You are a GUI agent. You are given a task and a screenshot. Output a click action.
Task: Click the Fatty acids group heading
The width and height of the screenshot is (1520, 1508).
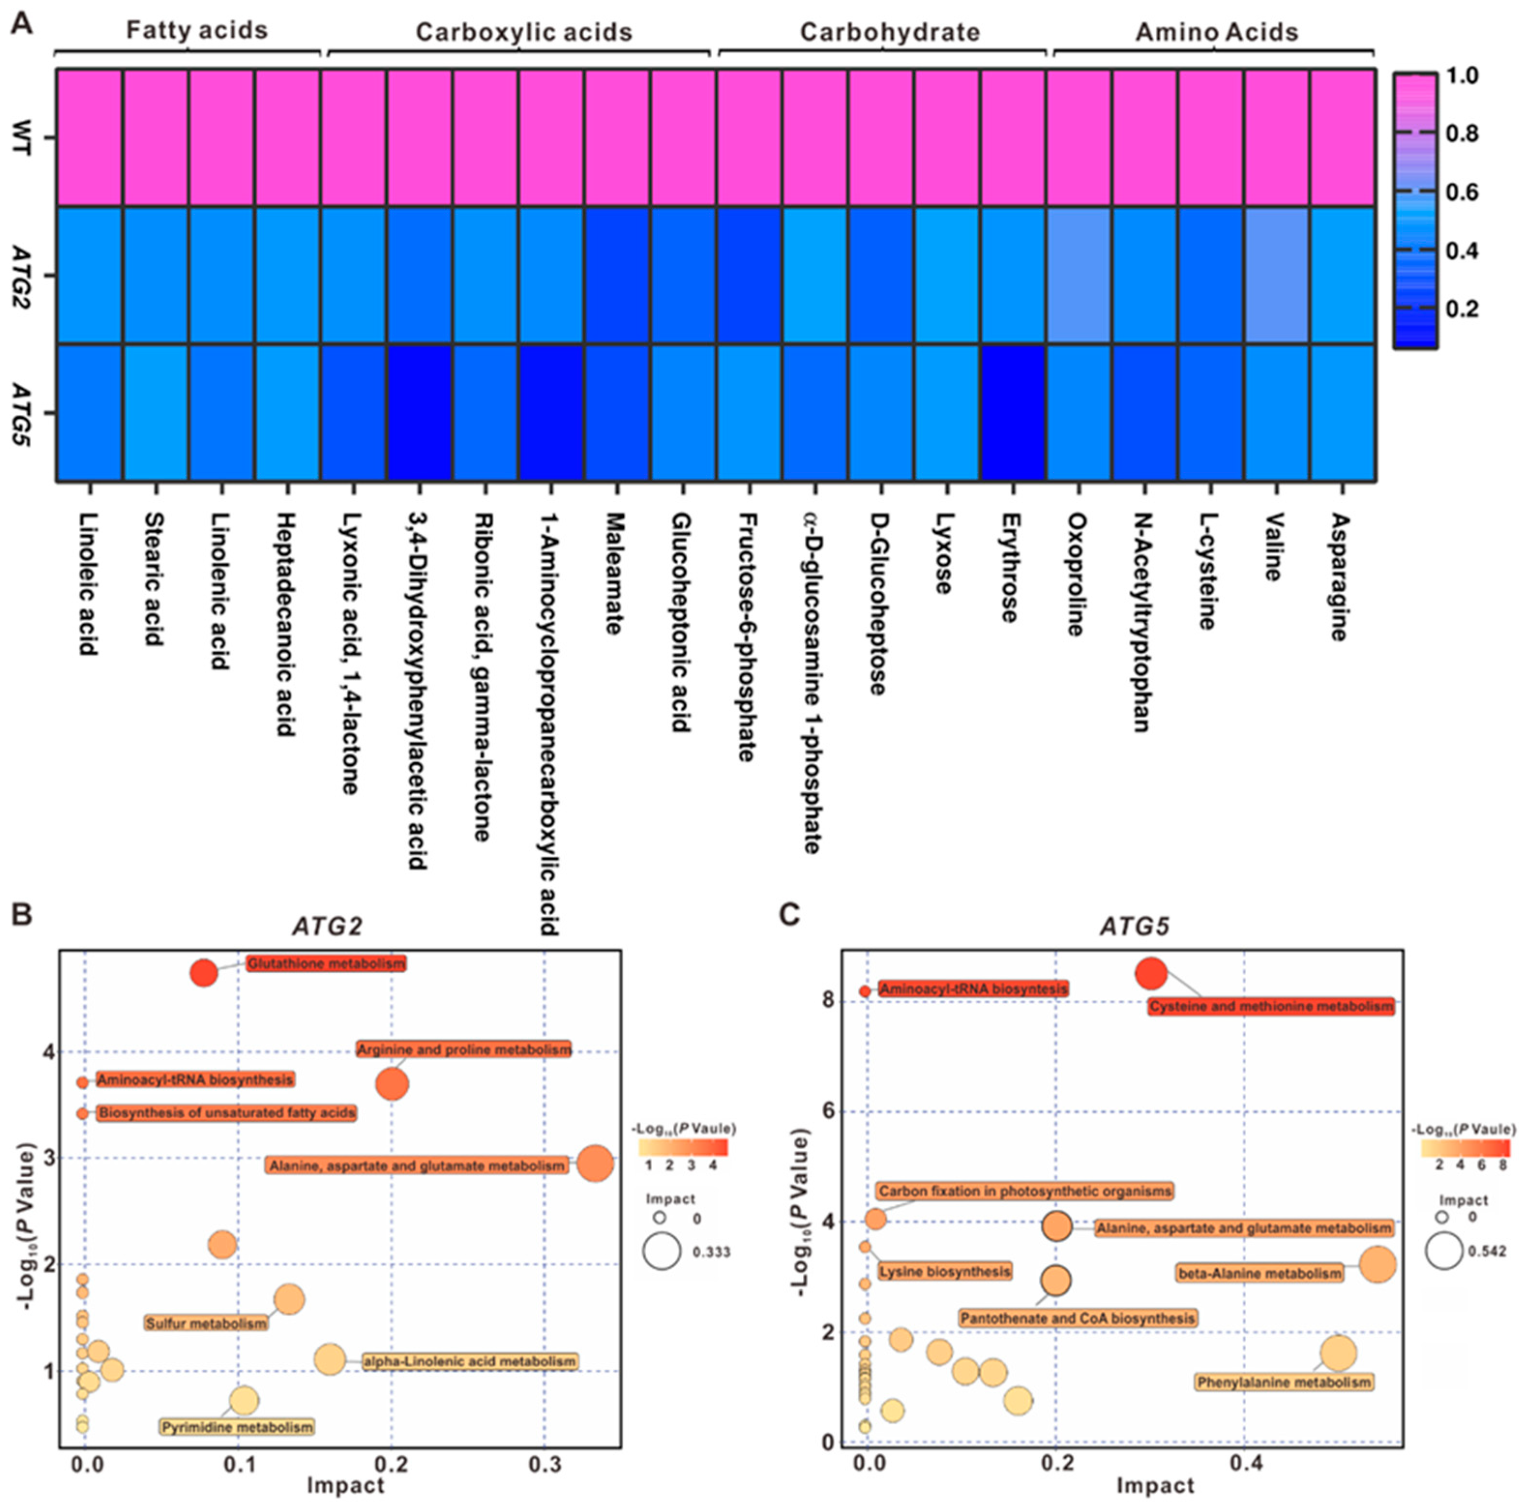point(197,30)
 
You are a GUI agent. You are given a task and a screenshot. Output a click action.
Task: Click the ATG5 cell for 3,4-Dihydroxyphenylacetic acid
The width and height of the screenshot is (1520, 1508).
point(418,412)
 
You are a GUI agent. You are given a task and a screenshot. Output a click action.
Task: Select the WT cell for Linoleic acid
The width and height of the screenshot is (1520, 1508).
point(89,138)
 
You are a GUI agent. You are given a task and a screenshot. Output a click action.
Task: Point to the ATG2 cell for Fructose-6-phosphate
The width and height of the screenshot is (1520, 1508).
point(749,275)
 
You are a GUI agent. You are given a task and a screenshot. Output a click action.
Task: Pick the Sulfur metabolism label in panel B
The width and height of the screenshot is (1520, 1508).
point(206,1324)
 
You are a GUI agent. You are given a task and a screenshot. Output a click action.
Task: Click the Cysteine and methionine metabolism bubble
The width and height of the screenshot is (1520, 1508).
point(1151,974)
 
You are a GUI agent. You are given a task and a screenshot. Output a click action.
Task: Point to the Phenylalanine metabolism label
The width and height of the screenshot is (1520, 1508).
point(1284,1382)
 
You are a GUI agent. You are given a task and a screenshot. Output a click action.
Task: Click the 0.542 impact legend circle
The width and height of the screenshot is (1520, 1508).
point(1445,1252)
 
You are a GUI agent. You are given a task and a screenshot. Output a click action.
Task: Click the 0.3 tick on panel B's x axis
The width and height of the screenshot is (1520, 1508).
point(544,1465)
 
